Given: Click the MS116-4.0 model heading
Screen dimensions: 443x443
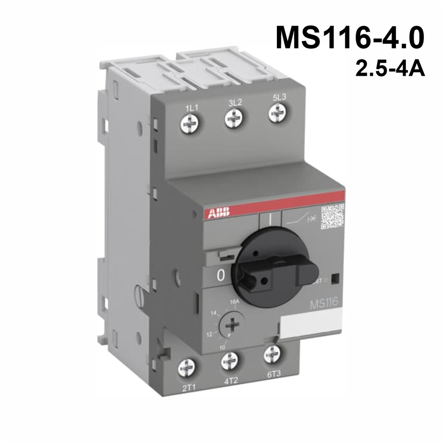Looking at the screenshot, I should [x=350, y=38].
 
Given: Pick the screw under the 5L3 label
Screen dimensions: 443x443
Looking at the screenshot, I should [x=277, y=113].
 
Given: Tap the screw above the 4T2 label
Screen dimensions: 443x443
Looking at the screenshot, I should [x=230, y=361].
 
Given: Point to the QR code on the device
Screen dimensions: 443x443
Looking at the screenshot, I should [x=332, y=217].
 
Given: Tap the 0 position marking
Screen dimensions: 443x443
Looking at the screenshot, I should [x=221, y=276].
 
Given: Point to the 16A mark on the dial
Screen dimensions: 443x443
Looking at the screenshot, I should [x=234, y=301].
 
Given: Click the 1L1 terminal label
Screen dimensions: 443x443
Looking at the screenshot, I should [x=191, y=108].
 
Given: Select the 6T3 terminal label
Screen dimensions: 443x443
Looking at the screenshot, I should [x=273, y=371].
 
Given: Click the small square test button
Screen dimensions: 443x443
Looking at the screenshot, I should [x=334, y=278].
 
